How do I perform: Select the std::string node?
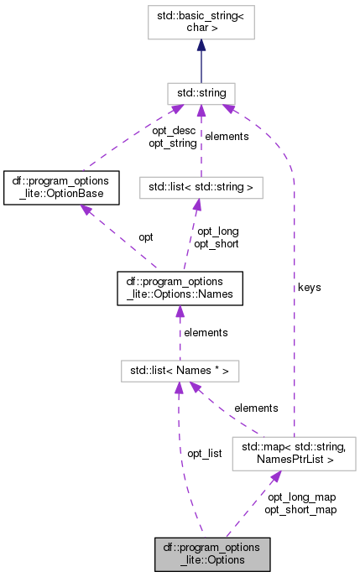coord(201,92)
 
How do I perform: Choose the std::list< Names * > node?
coord(180,369)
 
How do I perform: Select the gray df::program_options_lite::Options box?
coord(212,554)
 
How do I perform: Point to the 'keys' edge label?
coord(309,287)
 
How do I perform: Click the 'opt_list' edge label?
coord(204,453)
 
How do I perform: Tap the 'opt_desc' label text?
coord(174,131)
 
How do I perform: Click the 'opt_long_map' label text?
coord(301,496)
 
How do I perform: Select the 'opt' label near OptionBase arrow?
coord(147,237)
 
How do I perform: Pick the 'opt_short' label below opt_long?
coord(217,244)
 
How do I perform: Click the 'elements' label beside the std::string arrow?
coord(227,136)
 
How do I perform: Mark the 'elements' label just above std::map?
coord(256,408)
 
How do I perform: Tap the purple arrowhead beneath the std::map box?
coord(274,476)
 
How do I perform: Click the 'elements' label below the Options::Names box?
coord(206,332)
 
